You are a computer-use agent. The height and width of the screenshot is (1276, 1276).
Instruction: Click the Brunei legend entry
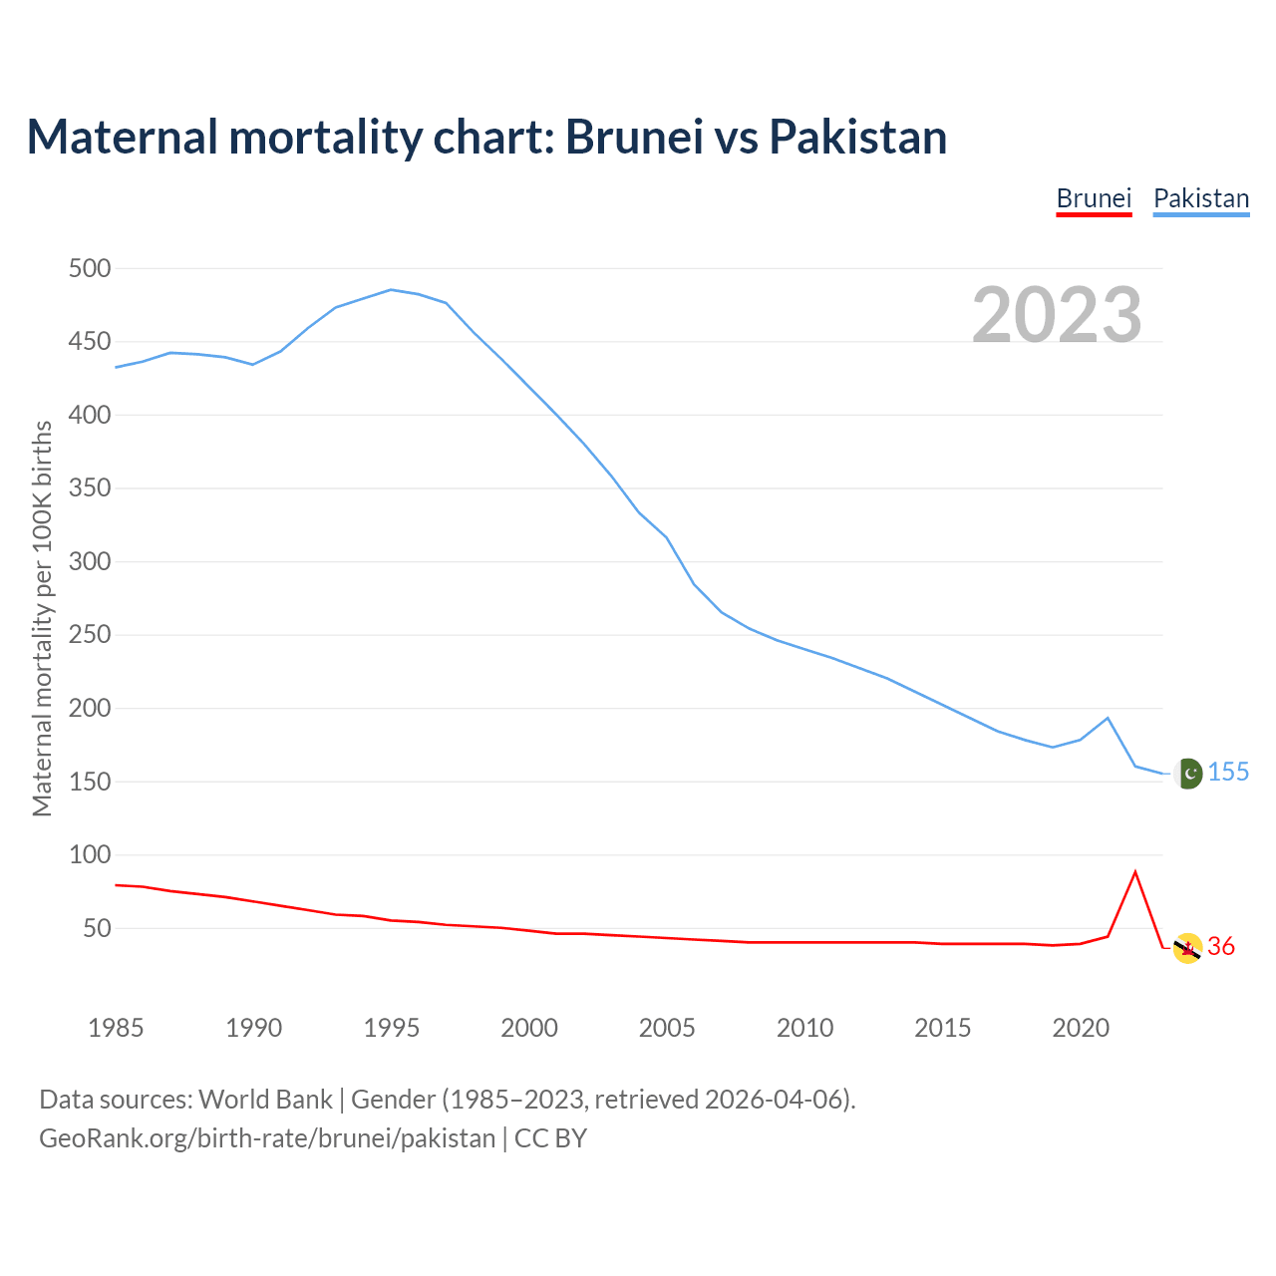(1094, 198)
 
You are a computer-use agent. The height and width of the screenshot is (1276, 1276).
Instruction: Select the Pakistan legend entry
(1200, 198)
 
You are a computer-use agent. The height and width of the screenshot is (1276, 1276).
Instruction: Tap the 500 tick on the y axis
(90, 268)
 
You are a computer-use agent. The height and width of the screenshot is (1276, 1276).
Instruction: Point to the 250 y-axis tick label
(90, 635)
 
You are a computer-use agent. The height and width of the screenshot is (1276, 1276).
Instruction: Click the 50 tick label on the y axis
(96, 928)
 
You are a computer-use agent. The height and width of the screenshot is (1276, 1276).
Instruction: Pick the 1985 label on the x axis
(116, 1028)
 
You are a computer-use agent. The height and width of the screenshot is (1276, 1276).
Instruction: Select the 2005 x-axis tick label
(667, 1028)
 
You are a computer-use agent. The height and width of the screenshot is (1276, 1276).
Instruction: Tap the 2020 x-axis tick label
(1081, 1028)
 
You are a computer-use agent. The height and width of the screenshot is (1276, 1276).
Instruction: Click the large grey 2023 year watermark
(1057, 315)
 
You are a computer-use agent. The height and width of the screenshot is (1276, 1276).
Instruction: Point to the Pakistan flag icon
(1187, 774)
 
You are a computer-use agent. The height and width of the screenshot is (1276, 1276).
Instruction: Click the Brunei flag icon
(1187, 948)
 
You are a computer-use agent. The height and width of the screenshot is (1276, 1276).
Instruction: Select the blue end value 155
(1228, 773)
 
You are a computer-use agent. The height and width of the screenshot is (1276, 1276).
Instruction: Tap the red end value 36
(1221, 947)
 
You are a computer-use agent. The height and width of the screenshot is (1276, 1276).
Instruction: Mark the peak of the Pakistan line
(391, 290)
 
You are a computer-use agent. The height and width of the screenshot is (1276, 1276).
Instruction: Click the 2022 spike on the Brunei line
(1135, 872)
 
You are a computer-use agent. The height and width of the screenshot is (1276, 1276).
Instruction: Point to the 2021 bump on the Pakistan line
(1108, 718)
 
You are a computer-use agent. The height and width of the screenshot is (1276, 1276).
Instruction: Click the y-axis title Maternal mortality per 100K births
(42, 618)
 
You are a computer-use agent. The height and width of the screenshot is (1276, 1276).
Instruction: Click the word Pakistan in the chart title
(857, 137)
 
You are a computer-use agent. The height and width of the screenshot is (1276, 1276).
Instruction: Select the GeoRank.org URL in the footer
(267, 1138)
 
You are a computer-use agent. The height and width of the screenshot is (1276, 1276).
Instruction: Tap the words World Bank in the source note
(265, 1100)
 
